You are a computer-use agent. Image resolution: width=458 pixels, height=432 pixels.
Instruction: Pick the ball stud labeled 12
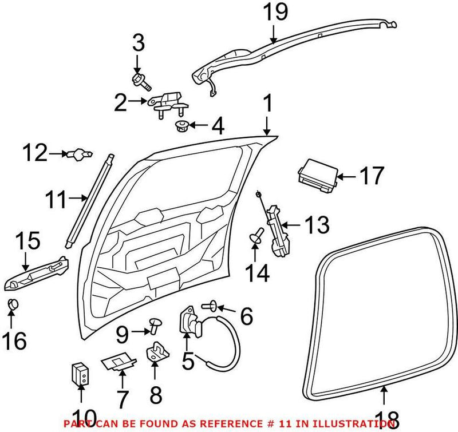79,153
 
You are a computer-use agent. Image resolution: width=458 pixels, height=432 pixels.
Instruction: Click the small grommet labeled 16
13,304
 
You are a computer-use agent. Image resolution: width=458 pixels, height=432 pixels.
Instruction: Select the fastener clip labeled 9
155,325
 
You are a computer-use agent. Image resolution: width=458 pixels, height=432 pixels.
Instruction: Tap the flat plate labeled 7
118,362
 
